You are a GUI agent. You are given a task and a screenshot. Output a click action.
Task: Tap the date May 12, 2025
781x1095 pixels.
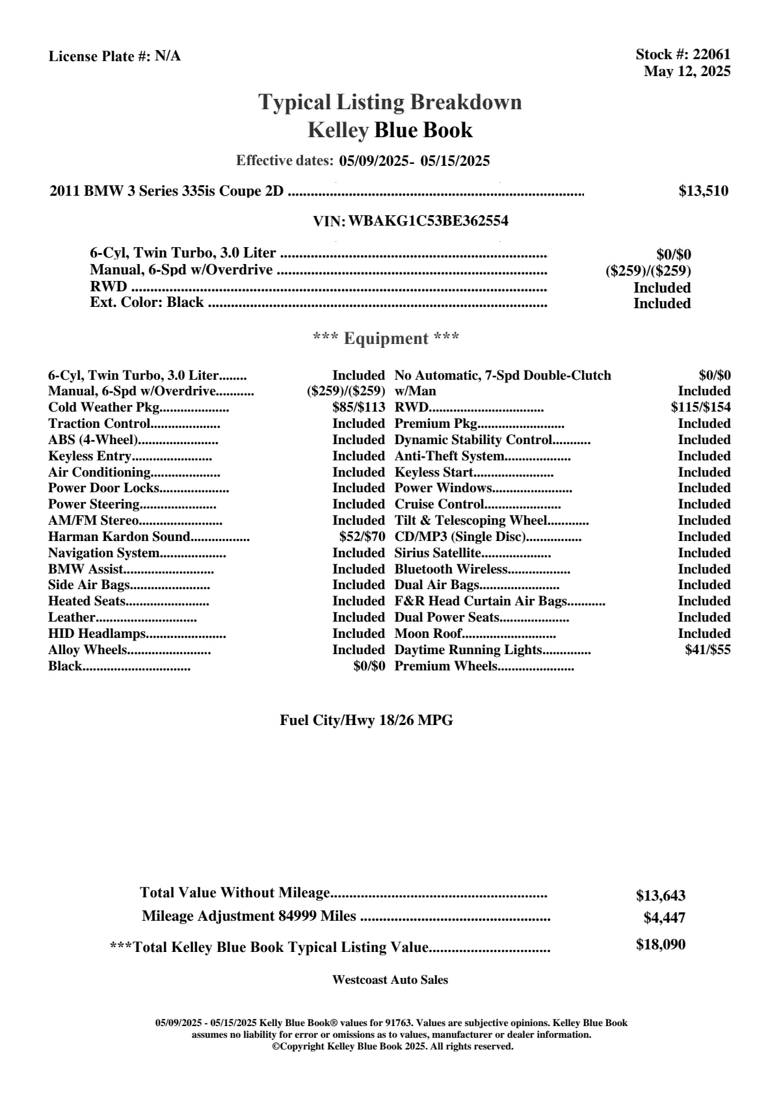687,72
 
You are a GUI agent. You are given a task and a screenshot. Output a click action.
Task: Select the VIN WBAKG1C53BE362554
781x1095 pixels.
428,221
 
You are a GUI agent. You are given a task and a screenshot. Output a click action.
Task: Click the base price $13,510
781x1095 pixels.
704,191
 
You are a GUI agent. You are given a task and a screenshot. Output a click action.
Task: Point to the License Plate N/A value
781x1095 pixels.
168,57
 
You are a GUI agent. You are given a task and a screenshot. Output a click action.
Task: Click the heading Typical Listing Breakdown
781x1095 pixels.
390,102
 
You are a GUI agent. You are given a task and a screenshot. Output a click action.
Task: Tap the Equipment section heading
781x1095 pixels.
386,339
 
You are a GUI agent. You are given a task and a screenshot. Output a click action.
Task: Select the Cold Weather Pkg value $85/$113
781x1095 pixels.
359,408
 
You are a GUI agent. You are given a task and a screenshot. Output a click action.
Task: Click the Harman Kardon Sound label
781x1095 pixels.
119,537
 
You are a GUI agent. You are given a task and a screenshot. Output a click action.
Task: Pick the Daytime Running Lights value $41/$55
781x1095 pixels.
708,650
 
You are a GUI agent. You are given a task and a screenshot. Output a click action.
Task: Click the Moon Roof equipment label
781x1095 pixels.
429,634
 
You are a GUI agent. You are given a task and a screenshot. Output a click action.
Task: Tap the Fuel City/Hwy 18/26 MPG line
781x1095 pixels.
366,720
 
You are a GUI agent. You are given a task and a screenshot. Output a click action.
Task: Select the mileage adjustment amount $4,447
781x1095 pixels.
664,918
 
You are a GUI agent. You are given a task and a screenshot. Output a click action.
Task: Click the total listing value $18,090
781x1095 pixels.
660,945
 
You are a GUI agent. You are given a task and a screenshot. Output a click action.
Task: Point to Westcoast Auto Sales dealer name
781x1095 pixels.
390,980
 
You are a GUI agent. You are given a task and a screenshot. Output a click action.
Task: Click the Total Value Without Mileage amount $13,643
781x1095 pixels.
660,896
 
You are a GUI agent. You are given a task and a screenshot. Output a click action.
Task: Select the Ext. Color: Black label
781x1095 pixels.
147,303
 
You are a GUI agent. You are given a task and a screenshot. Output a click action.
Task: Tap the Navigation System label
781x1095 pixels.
104,553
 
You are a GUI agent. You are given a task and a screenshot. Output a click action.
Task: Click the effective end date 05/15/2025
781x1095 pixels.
455,161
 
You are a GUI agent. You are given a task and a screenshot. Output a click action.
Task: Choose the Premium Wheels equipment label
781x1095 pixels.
446,666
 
